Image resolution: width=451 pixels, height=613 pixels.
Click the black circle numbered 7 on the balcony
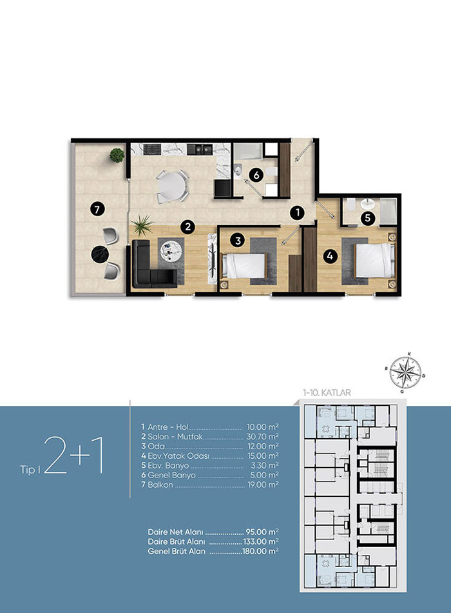(97, 210)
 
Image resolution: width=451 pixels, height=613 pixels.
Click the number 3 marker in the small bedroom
(238, 240)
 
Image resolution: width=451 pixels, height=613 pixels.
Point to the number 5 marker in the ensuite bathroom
(367, 219)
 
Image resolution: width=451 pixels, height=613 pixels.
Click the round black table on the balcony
(100, 254)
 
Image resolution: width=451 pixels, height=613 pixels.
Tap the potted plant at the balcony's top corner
(117, 156)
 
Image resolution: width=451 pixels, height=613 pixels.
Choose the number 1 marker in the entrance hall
(297, 213)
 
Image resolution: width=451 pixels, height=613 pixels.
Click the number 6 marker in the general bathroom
(256, 175)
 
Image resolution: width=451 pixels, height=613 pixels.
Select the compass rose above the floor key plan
(406, 372)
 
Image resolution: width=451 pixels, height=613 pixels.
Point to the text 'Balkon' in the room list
(160, 485)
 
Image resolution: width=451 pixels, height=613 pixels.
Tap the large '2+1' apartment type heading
(74, 456)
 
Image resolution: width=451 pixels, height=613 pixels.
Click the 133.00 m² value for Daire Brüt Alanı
(261, 541)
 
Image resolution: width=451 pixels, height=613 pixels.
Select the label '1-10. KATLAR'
(327, 392)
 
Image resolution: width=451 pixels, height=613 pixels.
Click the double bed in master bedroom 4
(375, 261)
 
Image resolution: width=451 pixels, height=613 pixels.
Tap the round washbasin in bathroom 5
(367, 203)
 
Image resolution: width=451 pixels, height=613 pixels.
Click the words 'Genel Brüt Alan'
(177, 551)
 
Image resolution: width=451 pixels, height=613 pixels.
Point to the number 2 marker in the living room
(188, 226)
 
